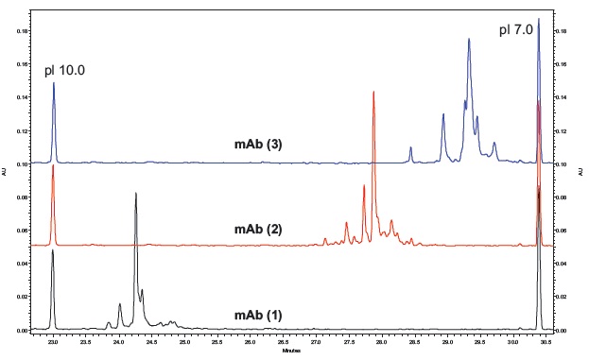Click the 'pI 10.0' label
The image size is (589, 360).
pos(65,71)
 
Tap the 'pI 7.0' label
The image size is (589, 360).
pos(516,30)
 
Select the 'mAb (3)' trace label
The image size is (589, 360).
pos(258,145)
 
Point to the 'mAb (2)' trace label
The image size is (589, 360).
pos(258,230)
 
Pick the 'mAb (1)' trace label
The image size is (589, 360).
pos(258,315)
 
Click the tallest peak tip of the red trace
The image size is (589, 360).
pos(373,92)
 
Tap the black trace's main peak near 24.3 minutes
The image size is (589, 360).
pos(136,193)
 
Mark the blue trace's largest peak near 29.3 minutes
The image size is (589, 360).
pos(469,39)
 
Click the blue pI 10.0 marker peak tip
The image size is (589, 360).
pos(54,82)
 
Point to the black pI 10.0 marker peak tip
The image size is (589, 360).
pos(53,249)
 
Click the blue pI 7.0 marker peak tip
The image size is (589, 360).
pos(539,18)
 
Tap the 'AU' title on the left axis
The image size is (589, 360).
pos(8,174)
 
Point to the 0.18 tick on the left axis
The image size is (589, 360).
pos(23,31)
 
